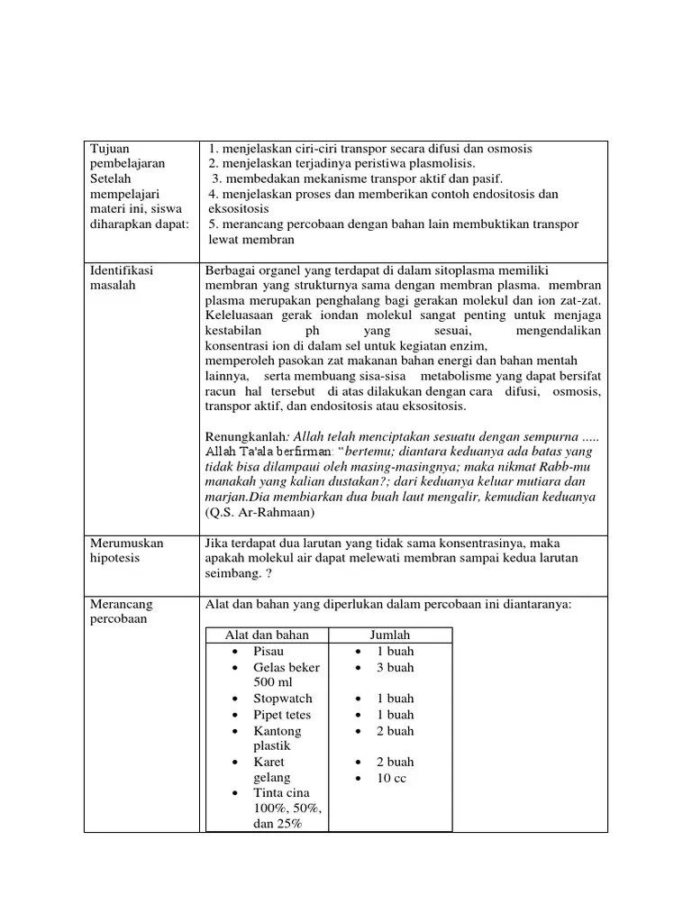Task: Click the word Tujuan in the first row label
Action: click(109, 149)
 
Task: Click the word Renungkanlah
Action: click(245, 437)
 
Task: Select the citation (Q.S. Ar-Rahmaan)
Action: click(259, 512)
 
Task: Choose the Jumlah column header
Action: click(389, 635)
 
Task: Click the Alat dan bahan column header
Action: click(266, 635)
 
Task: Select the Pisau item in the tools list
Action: click(269, 652)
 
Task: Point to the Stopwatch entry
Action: click(283, 699)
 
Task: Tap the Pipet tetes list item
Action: click(283, 715)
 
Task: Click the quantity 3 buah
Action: click(396, 668)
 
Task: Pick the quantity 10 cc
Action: click(392, 778)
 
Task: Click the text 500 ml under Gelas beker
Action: click(275, 682)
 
